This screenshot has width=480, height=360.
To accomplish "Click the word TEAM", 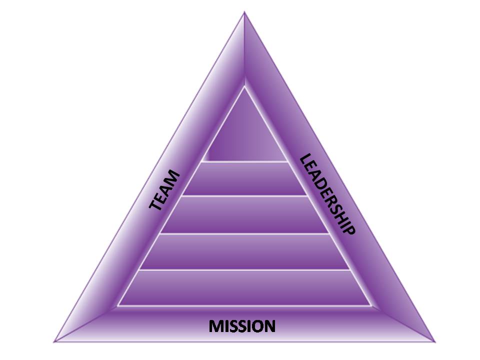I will click(165, 190).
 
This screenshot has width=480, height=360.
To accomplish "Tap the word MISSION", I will click(242, 326).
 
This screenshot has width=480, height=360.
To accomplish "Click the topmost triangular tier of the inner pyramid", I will click(244, 135).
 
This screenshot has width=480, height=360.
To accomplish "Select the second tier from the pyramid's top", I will click(244, 178).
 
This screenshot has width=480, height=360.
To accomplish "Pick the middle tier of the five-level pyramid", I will click(244, 214).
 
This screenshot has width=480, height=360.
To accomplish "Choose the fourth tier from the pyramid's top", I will click(244, 251).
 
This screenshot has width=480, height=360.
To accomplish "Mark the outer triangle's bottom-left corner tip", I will click(54, 341).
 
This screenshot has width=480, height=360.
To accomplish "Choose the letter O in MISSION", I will click(256, 326).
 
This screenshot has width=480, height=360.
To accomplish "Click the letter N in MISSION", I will click(269, 326).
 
